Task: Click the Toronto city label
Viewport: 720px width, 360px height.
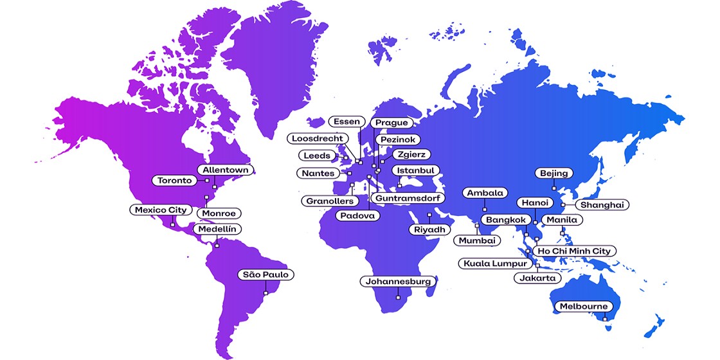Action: pos(175,181)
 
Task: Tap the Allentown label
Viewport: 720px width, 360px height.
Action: pos(225,170)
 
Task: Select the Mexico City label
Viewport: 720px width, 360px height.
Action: pos(160,210)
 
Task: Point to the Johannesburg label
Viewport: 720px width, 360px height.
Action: pos(399,282)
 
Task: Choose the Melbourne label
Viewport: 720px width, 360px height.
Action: pos(582,306)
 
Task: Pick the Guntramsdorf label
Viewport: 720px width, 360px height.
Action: pos(408,198)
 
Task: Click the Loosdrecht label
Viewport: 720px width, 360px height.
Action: pos(319,138)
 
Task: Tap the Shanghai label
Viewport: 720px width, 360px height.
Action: pos(602,204)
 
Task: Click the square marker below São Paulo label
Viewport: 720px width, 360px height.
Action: pos(266,293)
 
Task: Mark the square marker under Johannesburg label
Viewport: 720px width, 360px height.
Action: pos(399,297)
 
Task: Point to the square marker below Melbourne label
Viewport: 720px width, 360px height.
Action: pos(605,319)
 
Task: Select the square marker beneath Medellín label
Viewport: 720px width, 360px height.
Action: pos(217,245)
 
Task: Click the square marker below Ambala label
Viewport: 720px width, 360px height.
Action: pos(485,210)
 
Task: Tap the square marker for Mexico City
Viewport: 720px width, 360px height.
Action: pos(172,225)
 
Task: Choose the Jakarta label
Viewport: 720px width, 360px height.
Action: pos(536,278)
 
